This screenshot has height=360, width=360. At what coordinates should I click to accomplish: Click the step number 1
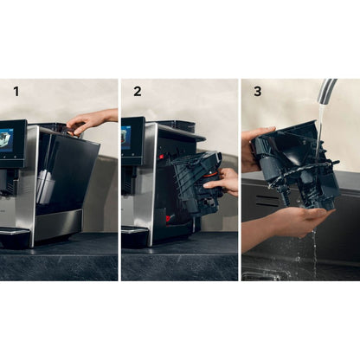point(16,90)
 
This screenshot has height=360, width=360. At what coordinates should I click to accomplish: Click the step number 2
point(137,90)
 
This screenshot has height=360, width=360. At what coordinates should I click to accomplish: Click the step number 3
point(256,90)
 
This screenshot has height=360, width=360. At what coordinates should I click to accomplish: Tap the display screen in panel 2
point(127,138)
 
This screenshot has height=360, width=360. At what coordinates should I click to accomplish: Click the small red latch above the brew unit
point(162,157)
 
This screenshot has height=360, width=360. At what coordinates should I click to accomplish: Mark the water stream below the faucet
point(318,121)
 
